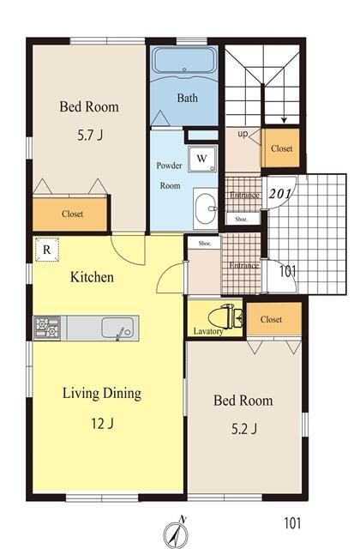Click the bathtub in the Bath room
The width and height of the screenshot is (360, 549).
(x=184, y=61)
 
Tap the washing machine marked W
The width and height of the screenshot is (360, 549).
(x=202, y=159)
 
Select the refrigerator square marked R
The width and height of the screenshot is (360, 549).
(x=47, y=250)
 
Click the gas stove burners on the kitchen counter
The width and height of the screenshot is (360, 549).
(x=47, y=328)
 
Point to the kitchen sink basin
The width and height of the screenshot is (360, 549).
(x=117, y=328)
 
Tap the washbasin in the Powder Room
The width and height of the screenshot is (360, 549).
(x=206, y=208)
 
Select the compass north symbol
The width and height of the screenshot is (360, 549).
(x=177, y=533)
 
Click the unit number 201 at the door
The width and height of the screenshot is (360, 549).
(x=279, y=193)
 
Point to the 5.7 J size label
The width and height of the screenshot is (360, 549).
(x=90, y=136)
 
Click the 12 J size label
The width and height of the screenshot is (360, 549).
(x=102, y=424)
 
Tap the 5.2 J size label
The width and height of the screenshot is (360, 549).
(x=244, y=429)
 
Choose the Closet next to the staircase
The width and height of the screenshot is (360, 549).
(x=282, y=148)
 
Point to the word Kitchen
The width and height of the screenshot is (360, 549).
(x=92, y=277)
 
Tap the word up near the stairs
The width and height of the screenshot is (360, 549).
(x=243, y=134)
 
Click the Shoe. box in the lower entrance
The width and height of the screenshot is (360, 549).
(x=204, y=243)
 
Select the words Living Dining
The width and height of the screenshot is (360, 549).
(x=102, y=393)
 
